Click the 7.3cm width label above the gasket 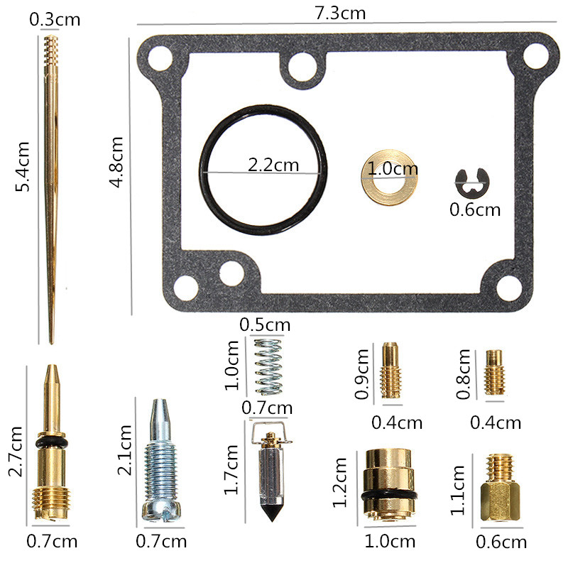tap(340, 13)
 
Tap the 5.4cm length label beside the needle tap(23, 167)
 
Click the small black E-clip tap(472, 183)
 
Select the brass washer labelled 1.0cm tap(389, 177)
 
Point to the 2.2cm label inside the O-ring tap(273, 165)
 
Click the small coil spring tap(268, 366)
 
